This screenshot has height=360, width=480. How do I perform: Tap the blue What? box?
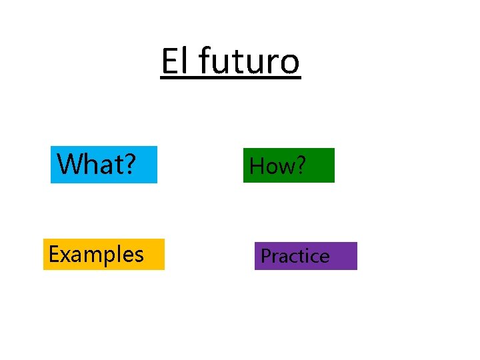click(x=104, y=165)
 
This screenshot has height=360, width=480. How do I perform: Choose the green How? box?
click(x=289, y=165)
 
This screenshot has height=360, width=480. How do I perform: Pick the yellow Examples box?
click(x=103, y=254)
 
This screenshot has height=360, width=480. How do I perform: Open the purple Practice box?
click(x=305, y=256)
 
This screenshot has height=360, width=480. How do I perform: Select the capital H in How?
click(x=257, y=166)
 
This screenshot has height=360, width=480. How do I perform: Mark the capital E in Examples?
click(x=53, y=254)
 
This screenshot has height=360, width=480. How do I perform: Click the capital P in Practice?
click(x=265, y=256)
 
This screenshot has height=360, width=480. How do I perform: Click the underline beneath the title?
click(x=231, y=79)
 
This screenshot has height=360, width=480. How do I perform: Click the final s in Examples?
click(x=138, y=256)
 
